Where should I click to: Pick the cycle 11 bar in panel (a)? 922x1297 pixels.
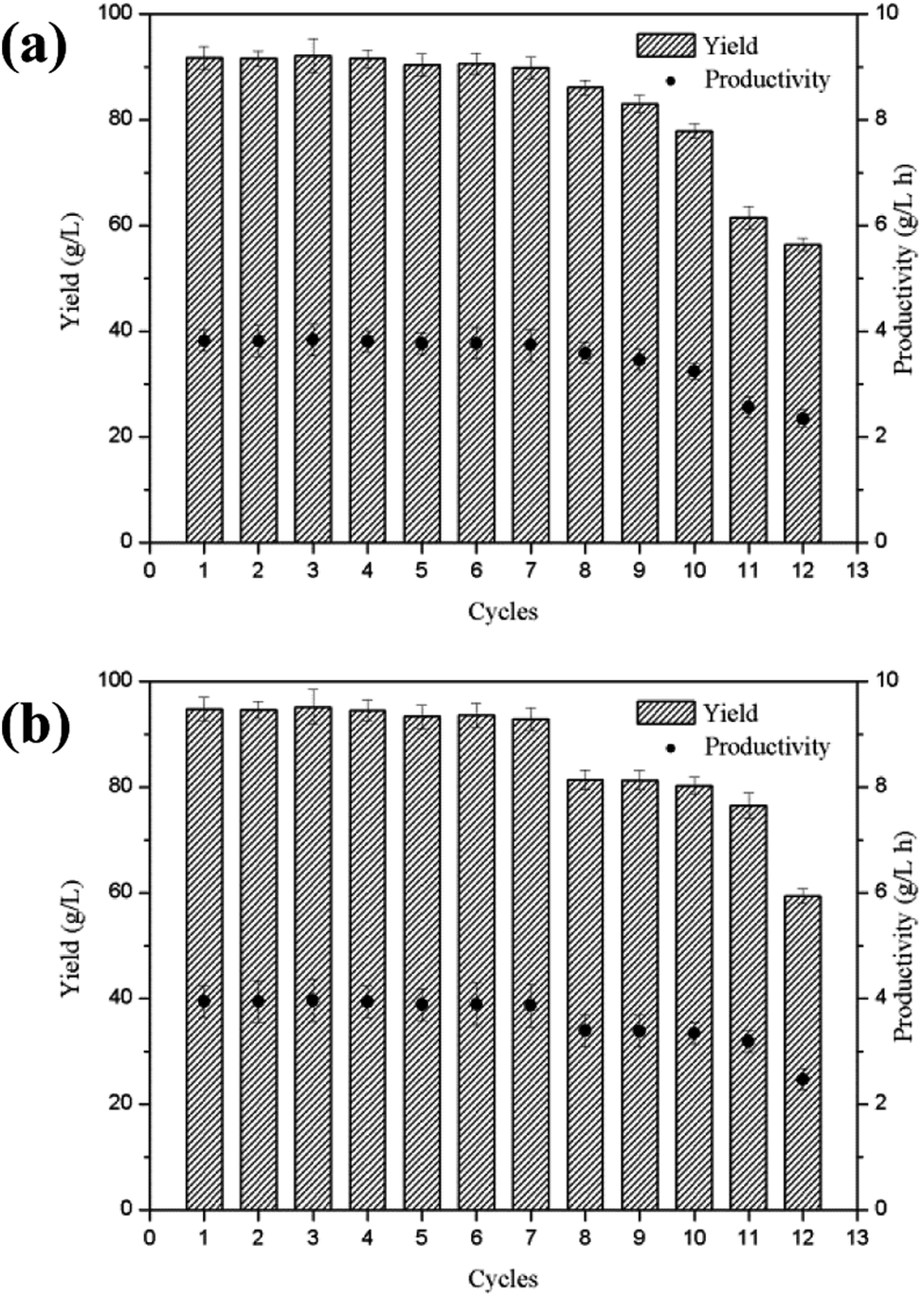coord(748,379)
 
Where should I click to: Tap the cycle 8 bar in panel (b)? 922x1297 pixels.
coord(585,995)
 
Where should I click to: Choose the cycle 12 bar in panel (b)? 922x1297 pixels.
coord(803,1052)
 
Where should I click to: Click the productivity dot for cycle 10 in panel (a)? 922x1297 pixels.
coord(694,371)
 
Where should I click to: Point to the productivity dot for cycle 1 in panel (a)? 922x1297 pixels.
coord(204,341)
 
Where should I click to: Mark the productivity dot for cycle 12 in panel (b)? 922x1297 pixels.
coord(803,1079)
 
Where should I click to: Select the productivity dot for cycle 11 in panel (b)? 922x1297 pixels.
coord(748,1040)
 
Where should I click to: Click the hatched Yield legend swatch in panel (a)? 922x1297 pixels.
coord(665,45)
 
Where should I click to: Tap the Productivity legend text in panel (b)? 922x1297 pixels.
coord(767,748)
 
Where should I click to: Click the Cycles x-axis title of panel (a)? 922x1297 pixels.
coord(503,612)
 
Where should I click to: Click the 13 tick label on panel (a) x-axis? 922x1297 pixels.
coord(858,569)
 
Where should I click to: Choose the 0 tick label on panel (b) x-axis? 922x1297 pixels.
coord(149,1236)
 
